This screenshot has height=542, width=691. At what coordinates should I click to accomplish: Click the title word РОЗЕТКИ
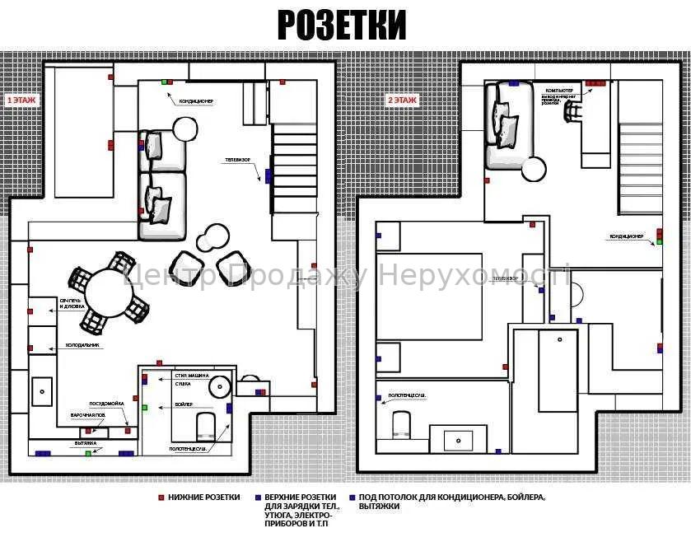[x=341, y=25]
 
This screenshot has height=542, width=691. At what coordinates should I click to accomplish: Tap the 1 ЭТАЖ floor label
[x=22, y=100]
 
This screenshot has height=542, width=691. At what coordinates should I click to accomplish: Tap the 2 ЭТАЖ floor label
[x=402, y=100]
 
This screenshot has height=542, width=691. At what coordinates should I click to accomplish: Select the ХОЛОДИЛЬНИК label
[x=83, y=345]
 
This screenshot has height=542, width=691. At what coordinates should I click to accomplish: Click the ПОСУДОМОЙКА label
[x=107, y=403]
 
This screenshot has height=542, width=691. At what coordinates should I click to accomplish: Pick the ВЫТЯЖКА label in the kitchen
[x=86, y=444]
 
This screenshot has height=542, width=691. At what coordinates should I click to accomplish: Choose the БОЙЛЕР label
[x=184, y=404]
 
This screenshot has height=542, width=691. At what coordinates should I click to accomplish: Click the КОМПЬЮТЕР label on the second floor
[x=559, y=90]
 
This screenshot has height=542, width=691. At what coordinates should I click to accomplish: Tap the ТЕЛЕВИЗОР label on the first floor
[x=237, y=160]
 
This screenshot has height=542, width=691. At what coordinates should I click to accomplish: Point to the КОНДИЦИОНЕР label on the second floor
[x=626, y=236]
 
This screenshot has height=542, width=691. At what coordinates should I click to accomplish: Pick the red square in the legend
[x=161, y=498]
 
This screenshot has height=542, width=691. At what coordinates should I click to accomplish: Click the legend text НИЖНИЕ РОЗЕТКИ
[x=204, y=498]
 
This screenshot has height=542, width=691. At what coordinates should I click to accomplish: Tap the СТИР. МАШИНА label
[x=193, y=376]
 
